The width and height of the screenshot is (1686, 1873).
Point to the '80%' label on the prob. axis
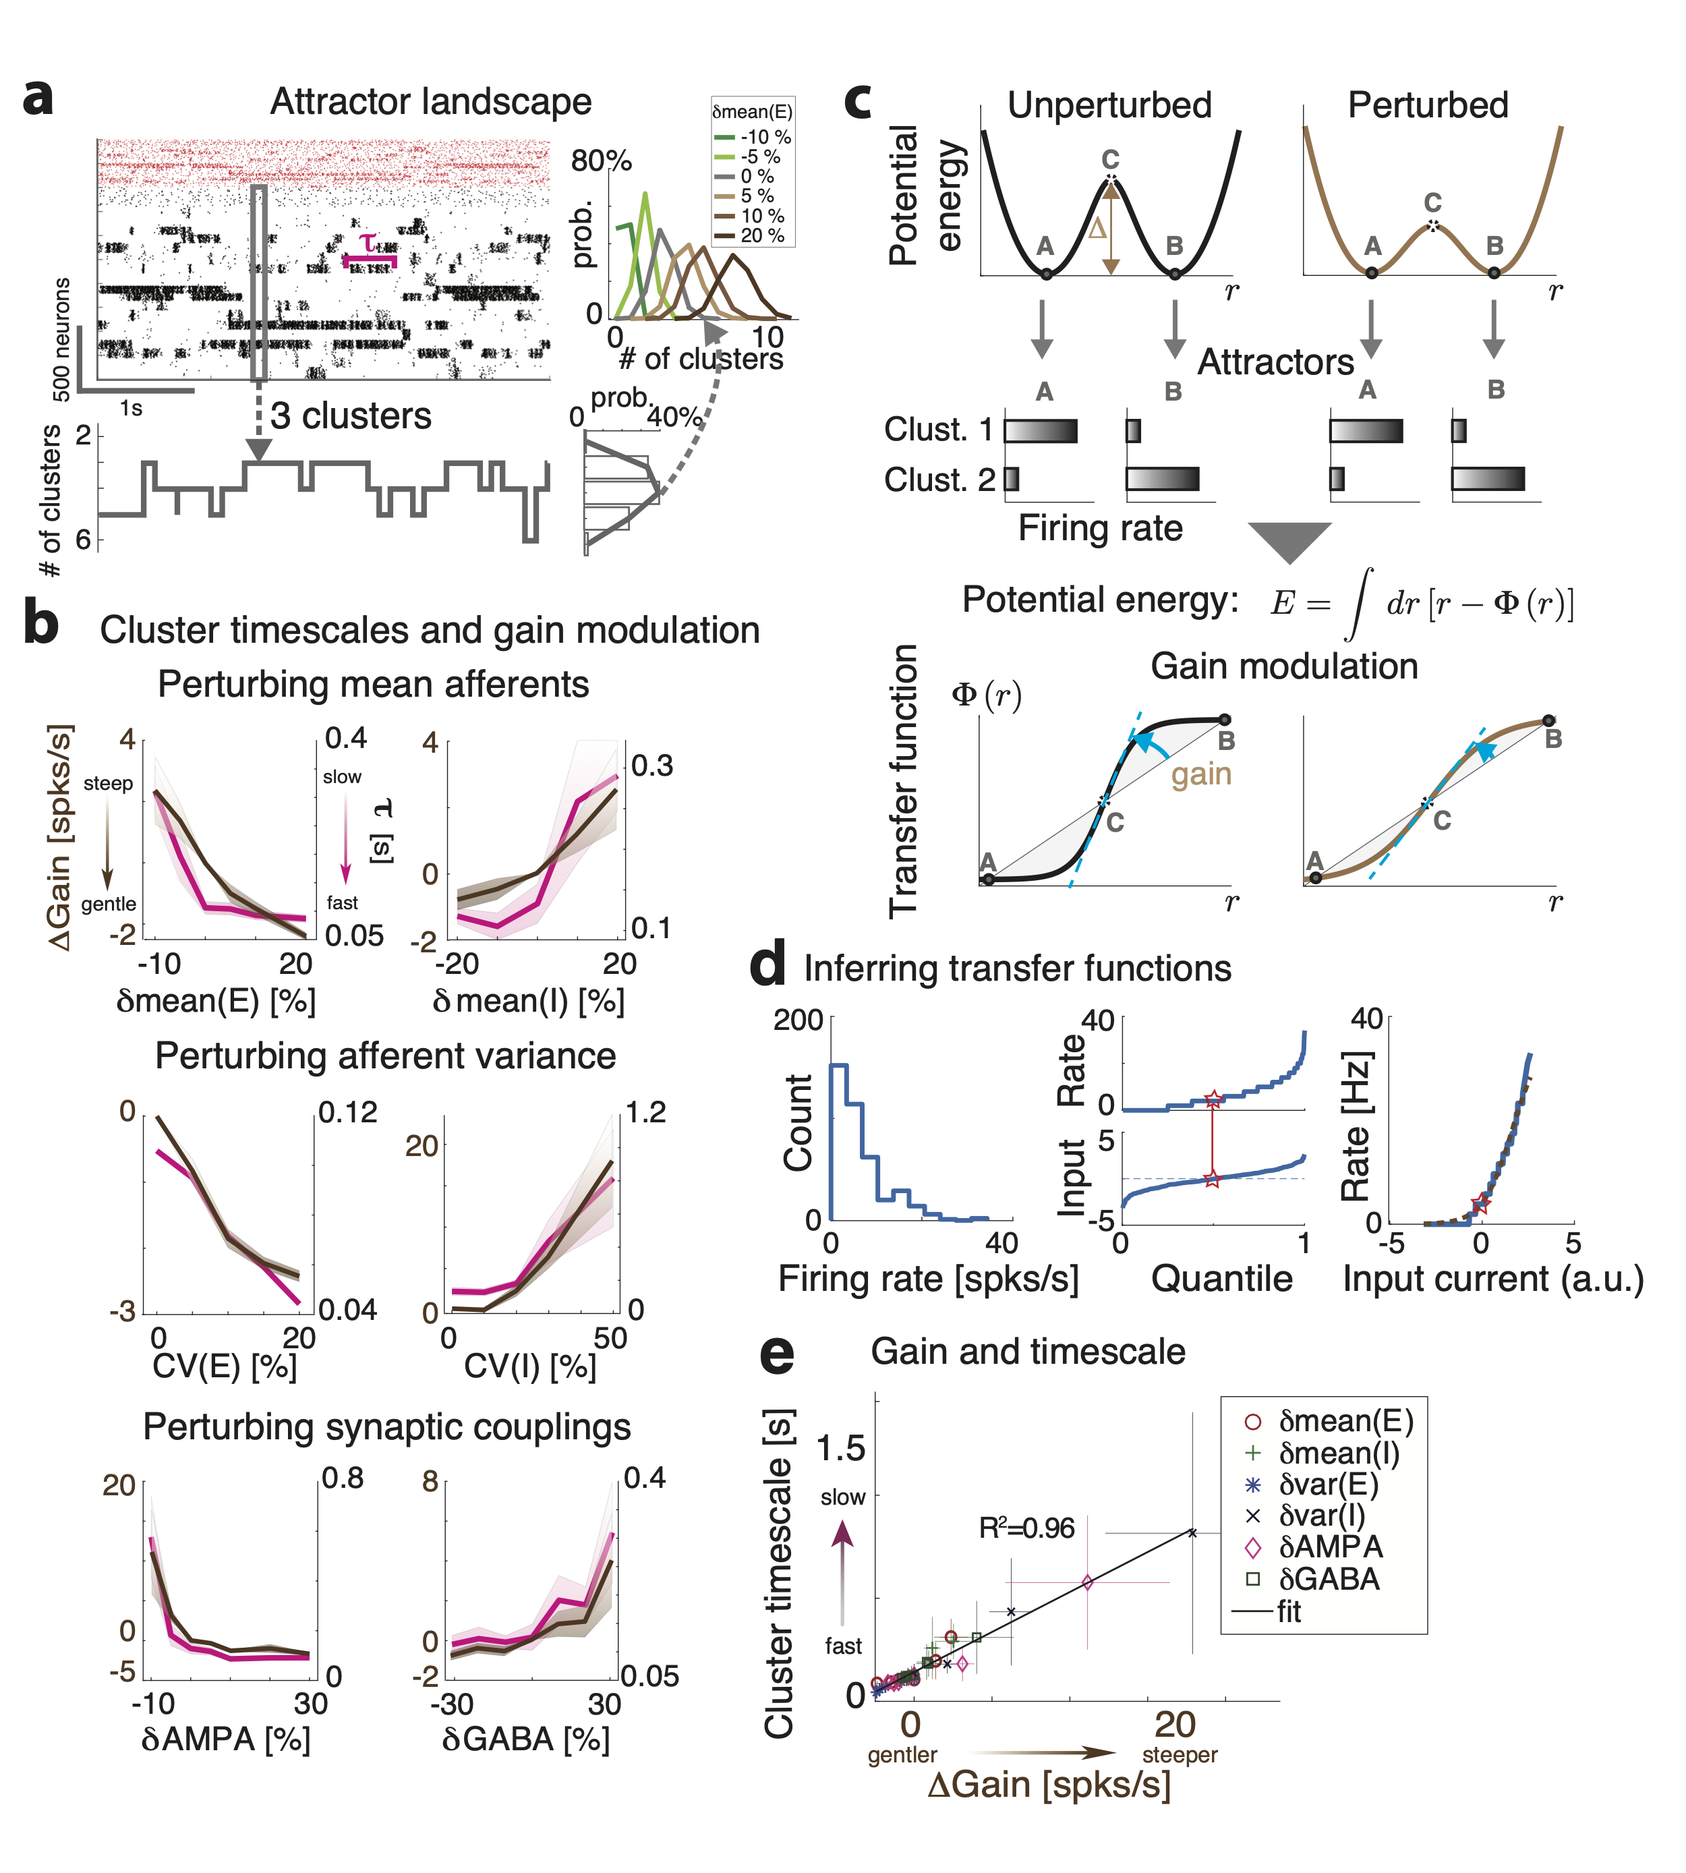[601, 161]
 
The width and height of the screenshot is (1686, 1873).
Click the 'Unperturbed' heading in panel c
[1109, 106]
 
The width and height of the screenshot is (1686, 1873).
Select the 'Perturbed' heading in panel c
[1428, 106]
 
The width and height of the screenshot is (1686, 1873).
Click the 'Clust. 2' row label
[938, 480]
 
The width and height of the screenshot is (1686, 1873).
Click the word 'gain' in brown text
[1200, 774]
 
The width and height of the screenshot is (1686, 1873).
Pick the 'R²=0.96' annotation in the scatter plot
[1026, 1528]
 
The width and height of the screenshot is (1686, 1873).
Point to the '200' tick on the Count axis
[798, 1020]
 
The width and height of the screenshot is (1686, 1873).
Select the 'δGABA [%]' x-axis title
[525, 1739]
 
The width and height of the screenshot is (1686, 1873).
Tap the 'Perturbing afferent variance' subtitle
[385, 1056]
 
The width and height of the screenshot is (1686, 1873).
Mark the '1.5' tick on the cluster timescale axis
[840, 1448]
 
